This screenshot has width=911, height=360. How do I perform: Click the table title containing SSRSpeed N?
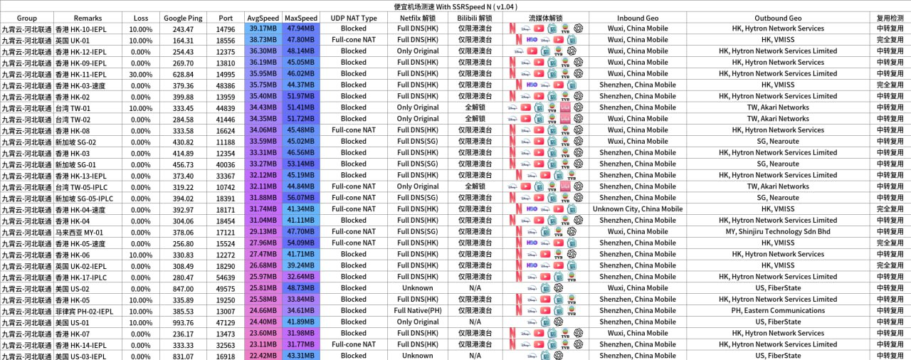coord(455,6)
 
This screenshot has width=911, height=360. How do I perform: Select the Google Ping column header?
coord(183,18)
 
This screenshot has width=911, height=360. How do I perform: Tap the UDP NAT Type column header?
coord(354,18)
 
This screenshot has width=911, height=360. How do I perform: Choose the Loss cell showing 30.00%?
coord(141,74)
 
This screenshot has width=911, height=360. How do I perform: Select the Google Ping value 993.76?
coord(183,322)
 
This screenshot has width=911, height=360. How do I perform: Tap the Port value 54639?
coord(226,277)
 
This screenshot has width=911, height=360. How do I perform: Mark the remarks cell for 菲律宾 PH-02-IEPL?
coord(88,311)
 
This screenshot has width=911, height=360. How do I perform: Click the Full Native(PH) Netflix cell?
coord(417,311)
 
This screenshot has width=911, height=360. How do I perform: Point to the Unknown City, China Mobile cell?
coord(637,209)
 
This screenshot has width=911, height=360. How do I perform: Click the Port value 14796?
coord(226,29)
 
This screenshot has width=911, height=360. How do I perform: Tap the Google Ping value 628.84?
coord(183,74)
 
